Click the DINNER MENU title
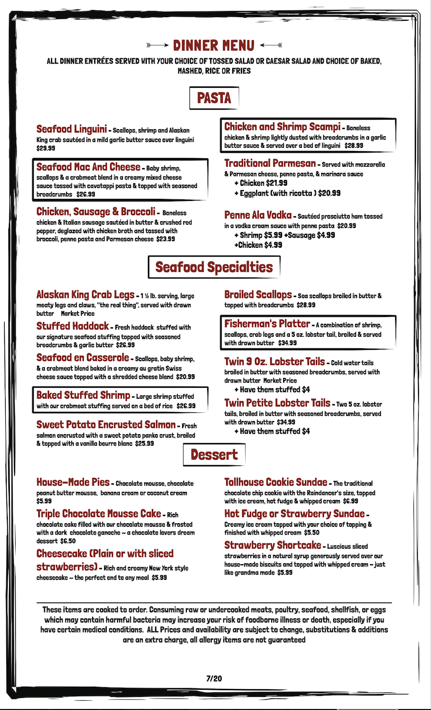(214, 45)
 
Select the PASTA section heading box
(214, 97)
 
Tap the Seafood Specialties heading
(214, 267)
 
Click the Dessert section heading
(214, 454)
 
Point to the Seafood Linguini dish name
(71, 129)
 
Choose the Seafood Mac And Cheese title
(88, 167)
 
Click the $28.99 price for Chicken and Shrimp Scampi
(353, 146)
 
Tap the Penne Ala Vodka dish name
(258, 215)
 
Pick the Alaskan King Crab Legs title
(85, 295)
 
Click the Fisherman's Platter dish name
(267, 324)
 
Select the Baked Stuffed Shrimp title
(83, 395)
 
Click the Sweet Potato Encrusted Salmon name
(106, 425)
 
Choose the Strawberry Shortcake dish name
(273, 545)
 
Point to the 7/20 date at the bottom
(214, 678)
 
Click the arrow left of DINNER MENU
(157, 45)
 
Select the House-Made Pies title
(73, 482)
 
